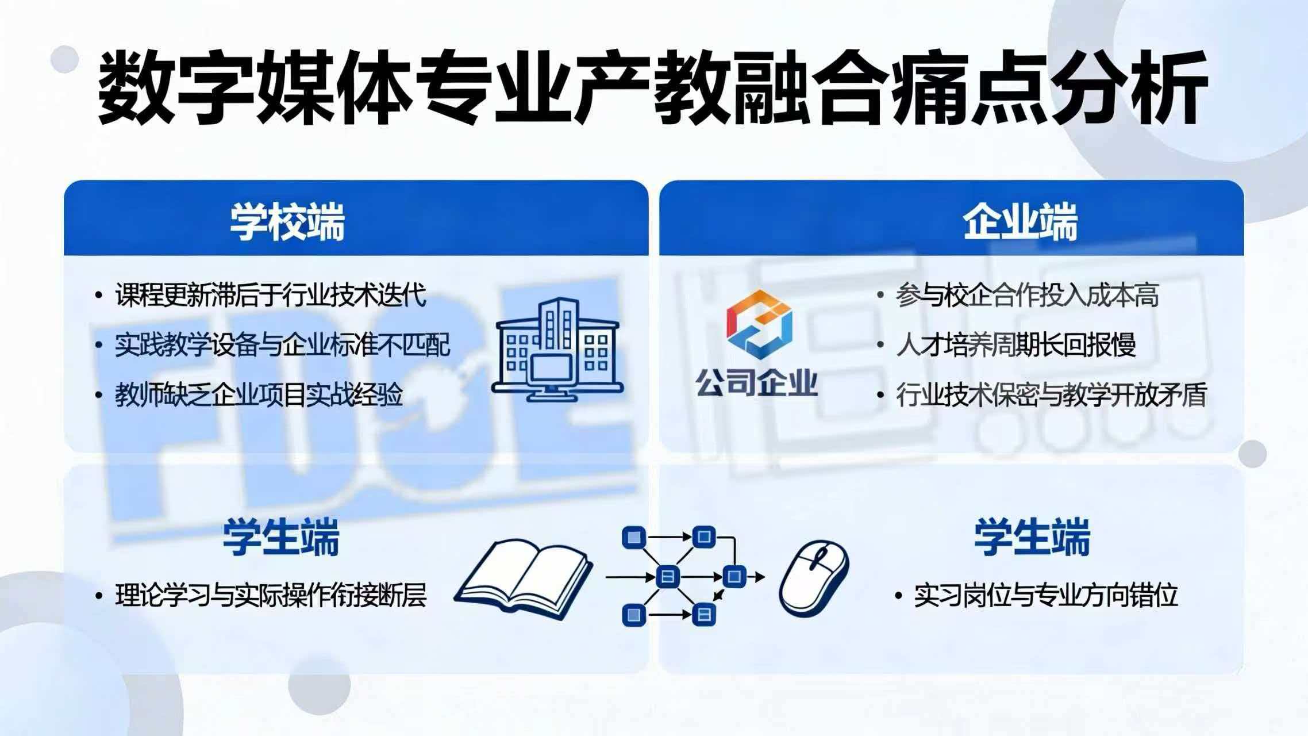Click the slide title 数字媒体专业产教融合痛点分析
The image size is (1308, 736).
(649, 88)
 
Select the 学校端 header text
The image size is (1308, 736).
(287, 222)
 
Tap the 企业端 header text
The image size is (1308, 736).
(1020, 222)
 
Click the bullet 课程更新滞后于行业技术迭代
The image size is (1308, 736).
(271, 296)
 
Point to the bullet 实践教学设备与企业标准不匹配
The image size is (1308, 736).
(282, 345)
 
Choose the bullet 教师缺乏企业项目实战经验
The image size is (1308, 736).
(259, 395)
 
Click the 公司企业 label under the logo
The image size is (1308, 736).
(757, 382)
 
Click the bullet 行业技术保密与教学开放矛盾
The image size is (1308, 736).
(1051, 395)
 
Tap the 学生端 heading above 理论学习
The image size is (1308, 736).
(281, 537)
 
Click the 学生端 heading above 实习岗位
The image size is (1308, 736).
(1032, 537)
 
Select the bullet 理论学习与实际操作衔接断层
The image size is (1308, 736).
(271, 596)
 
